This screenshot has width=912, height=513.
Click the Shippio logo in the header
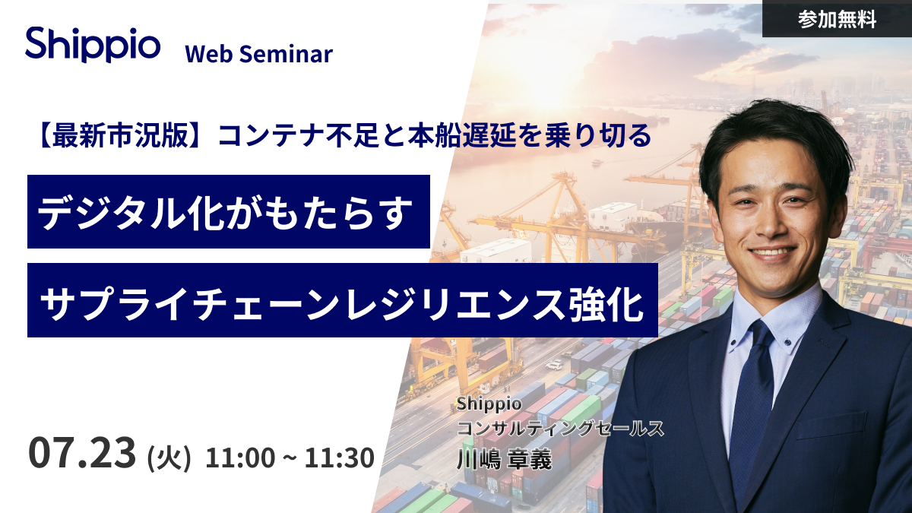[93, 44]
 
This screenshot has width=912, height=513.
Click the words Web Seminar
[259, 54]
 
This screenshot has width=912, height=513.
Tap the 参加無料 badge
[837, 19]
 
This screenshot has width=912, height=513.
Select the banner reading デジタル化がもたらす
[229, 212]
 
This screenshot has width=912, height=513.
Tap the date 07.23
[82, 452]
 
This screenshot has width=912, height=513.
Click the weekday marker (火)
[169, 458]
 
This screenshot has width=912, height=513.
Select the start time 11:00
[240, 458]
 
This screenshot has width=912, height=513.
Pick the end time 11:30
[339, 458]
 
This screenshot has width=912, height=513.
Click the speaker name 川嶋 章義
[504, 459]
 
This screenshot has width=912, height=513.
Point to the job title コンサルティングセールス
[560, 428]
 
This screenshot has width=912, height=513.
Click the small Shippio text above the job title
[489, 404]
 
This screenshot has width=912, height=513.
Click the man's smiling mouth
[772, 253]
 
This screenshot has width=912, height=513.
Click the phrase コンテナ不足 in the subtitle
[298, 135]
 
